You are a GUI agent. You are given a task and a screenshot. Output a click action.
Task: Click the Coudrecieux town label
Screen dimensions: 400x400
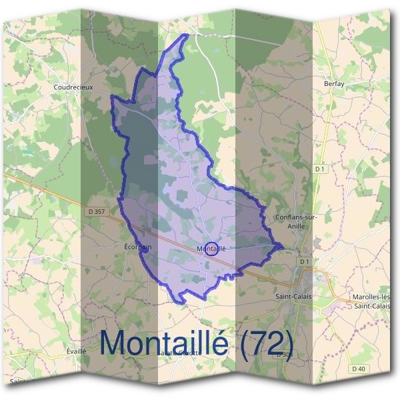click(x=73, y=86)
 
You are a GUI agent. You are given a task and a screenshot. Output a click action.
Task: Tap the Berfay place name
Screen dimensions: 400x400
click(x=333, y=85)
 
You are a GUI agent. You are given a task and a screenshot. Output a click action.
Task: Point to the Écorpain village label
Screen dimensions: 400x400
click(x=138, y=246)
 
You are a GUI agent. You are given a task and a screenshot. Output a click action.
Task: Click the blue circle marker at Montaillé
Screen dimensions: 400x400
click(x=211, y=249)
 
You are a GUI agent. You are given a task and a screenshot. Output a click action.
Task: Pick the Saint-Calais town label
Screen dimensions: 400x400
click(x=293, y=294)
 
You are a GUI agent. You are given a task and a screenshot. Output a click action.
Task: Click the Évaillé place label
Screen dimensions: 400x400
click(x=77, y=351)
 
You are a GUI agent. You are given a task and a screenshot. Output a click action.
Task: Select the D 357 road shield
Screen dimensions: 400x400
click(x=97, y=211)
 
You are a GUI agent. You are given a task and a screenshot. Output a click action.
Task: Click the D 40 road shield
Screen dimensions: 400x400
click(x=358, y=368)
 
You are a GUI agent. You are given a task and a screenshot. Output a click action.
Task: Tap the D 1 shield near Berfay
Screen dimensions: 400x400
click(x=319, y=169)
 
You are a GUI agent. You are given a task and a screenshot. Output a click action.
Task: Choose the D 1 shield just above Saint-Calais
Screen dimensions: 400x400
click(x=305, y=262)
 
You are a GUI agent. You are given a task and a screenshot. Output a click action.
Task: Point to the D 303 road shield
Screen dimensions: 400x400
click(x=285, y=354)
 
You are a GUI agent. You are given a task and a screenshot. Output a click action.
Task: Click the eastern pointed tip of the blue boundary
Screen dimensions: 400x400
click(x=283, y=247)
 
